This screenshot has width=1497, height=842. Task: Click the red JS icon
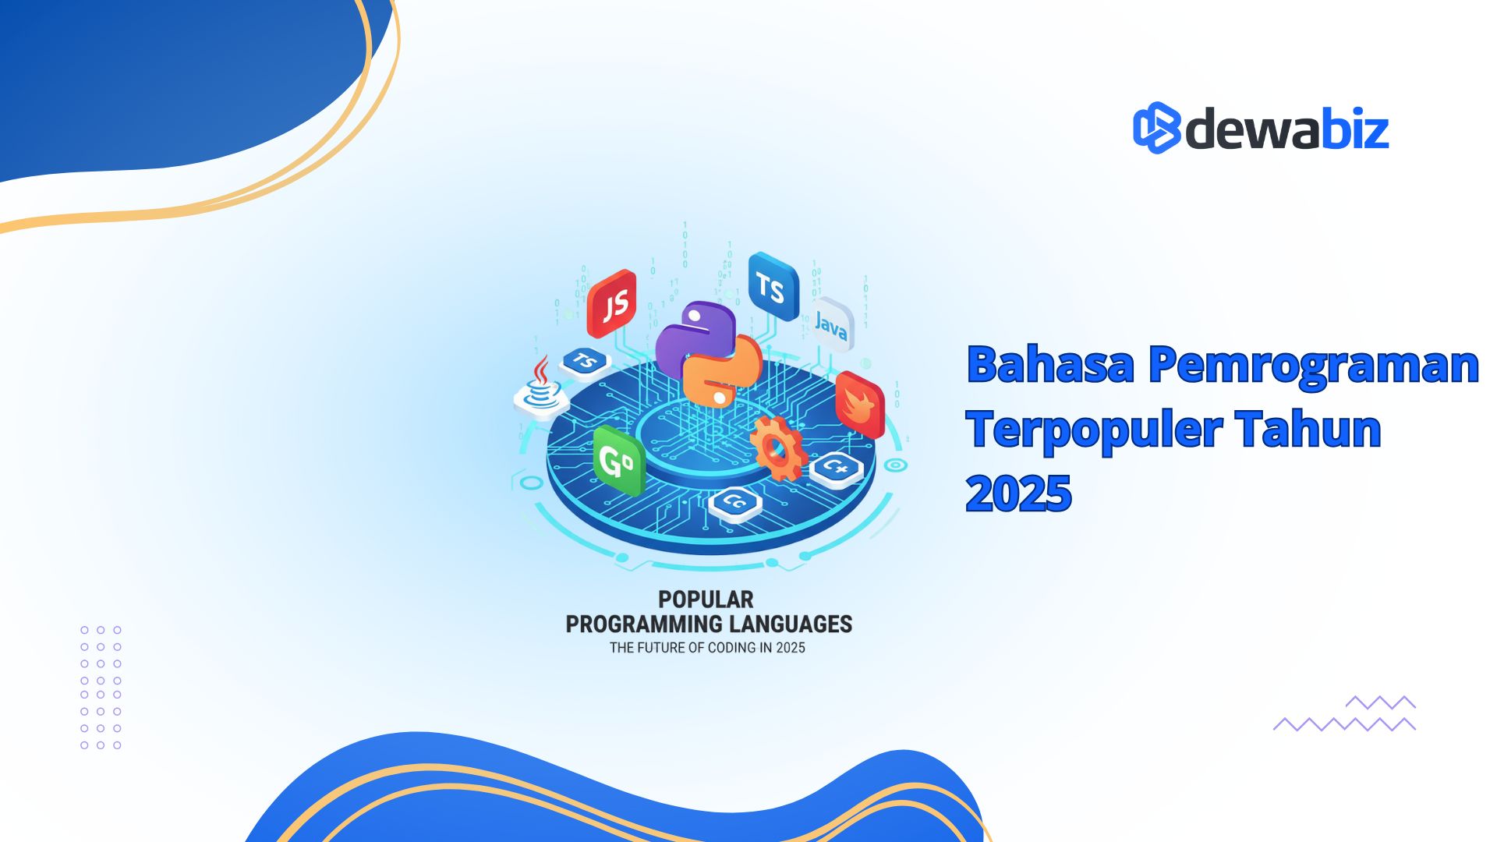tap(613, 303)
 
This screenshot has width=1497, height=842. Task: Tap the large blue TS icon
tap(773, 287)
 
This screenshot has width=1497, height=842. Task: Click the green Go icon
tap(618, 462)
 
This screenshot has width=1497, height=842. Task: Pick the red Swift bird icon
tap(860, 405)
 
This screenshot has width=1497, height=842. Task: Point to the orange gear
tap(777, 448)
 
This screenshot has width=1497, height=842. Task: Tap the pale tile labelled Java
tap(832, 324)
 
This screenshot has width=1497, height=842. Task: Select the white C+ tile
tap(837, 468)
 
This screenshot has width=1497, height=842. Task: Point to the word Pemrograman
tap(1313, 364)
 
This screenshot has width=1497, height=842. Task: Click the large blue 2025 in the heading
tap(1018, 493)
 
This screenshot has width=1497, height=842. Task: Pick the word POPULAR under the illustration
tap(706, 600)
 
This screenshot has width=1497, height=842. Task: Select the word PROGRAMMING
tap(644, 624)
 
